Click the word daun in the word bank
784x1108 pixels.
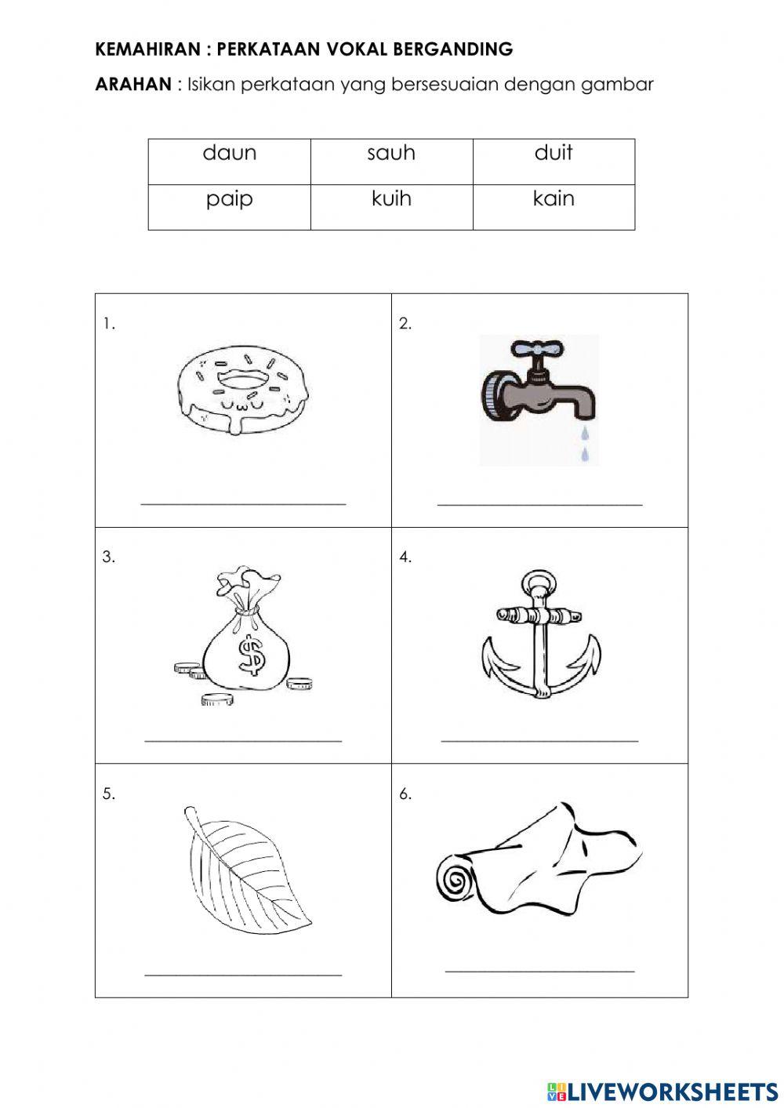tap(229, 153)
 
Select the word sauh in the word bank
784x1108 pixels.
tap(391, 153)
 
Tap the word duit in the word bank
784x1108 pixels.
tap(554, 153)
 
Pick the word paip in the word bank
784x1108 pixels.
tap(229, 199)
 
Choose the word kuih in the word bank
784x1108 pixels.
tap(391, 199)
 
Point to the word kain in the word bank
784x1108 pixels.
tap(554, 199)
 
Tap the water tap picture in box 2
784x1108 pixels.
tap(539, 392)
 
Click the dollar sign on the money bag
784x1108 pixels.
tap(252, 654)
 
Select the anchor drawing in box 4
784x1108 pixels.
tap(539, 636)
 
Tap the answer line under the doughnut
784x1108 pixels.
tap(243, 503)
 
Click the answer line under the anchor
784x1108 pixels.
tap(539, 739)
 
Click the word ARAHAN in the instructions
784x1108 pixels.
tap(132, 85)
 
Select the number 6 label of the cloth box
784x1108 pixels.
tap(405, 794)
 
